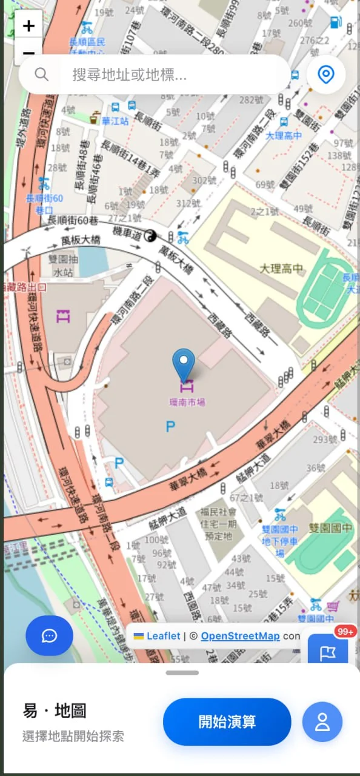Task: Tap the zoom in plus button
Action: click(x=28, y=26)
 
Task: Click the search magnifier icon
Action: click(x=41, y=75)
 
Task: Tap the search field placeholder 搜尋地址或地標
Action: click(x=129, y=75)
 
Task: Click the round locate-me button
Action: click(x=326, y=75)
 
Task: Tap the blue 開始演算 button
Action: click(x=227, y=721)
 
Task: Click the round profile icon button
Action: click(x=322, y=721)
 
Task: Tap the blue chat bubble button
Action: click(x=49, y=635)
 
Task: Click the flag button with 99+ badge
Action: click(x=328, y=652)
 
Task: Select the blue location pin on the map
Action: click(x=184, y=364)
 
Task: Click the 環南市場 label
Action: click(x=187, y=401)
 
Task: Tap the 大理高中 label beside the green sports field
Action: click(x=281, y=268)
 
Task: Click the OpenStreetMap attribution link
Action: click(x=240, y=636)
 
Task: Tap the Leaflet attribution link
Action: click(x=163, y=636)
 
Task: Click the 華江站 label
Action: click(x=115, y=121)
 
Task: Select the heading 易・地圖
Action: click(x=55, y=711)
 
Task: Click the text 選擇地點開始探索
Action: click(x=73, y=736)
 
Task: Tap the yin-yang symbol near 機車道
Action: click(x=150, y=236)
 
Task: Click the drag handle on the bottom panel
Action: click(x=182, y=672)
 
